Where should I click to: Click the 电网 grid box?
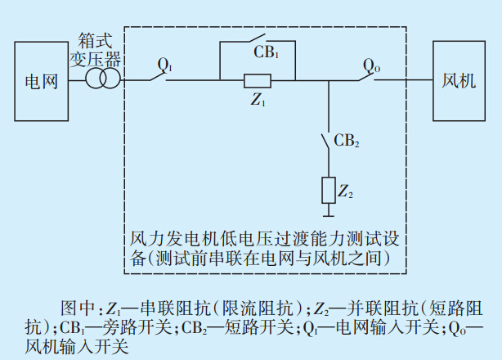click(x=41, y=80)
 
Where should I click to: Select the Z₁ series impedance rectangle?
click(x=258, y=80)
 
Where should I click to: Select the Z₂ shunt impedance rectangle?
click(x=328, y=190)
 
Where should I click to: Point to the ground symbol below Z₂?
click(x=328, y=214)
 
